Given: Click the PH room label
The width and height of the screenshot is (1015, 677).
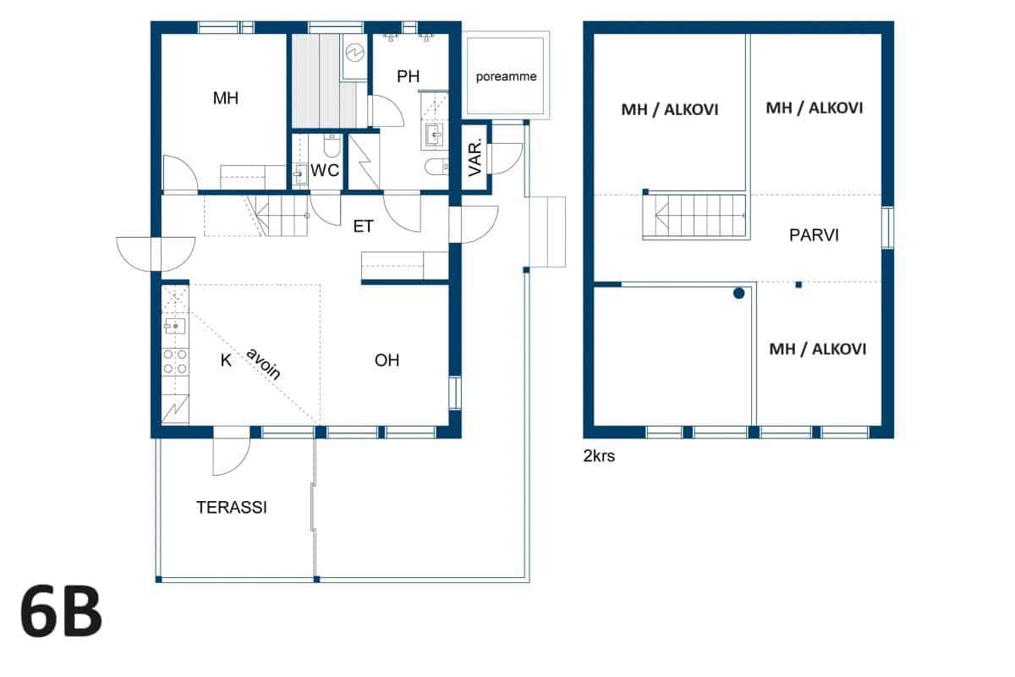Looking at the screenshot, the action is [x=408, y=76].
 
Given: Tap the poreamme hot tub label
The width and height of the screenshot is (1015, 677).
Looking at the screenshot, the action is [x=506, y=77].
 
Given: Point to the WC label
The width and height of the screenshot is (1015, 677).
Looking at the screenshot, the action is [x=325, y=170].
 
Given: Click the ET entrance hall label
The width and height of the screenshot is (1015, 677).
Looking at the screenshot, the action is [x=363, y=226].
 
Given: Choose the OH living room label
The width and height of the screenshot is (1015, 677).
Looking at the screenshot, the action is [x=387, y=360].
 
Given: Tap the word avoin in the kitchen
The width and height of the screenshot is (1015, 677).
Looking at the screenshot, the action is [x=264, y=363].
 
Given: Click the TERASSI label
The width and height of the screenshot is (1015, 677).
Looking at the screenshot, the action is [x=231, y=508].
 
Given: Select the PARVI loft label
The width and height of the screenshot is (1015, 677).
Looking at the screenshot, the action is [x=814, y=235].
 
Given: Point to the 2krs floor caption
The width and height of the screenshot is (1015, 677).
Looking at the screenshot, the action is [x=599, y=456].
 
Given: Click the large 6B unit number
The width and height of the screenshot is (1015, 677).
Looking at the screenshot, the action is [x=61, y=611].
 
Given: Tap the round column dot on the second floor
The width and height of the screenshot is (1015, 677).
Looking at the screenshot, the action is [x=738, y=294].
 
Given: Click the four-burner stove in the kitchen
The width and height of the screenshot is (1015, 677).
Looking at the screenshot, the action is [x=175, y=362].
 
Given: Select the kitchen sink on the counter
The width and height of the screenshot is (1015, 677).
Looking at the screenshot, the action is [x=175, y=326].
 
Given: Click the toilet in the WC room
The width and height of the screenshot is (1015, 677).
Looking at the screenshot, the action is [x=332, y=145].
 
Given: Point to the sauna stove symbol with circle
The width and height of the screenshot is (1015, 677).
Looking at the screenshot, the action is [x=354, y=52].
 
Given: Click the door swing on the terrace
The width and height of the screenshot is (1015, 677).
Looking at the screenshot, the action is [x=232, y=456].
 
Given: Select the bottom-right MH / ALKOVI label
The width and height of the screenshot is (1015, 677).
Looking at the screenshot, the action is [x=817, y=350].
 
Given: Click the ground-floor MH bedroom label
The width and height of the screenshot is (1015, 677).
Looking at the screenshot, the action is [x=226, y=98].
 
